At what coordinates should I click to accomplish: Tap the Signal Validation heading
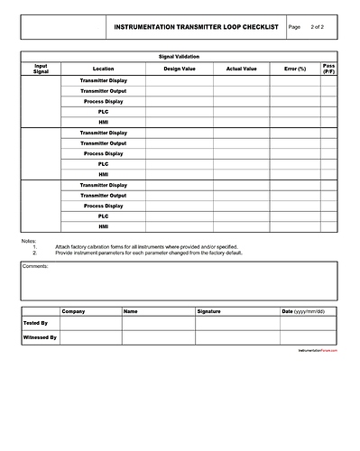click(180, 57)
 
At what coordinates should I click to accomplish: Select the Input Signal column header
click(42, 68)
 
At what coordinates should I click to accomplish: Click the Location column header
click(104, 69)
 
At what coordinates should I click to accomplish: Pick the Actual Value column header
click(241, 69)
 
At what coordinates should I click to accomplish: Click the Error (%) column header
click(295, 69)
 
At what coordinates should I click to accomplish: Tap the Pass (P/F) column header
click(329, 68)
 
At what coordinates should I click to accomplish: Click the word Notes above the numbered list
click(29, 240)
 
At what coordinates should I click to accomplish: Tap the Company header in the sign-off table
click(74, 311)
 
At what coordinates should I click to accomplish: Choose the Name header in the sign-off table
click(131, 311)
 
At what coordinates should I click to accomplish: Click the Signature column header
click(208, 311)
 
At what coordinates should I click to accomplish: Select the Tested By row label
click(37, 322)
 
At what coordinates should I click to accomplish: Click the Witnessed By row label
click(41, 337)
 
